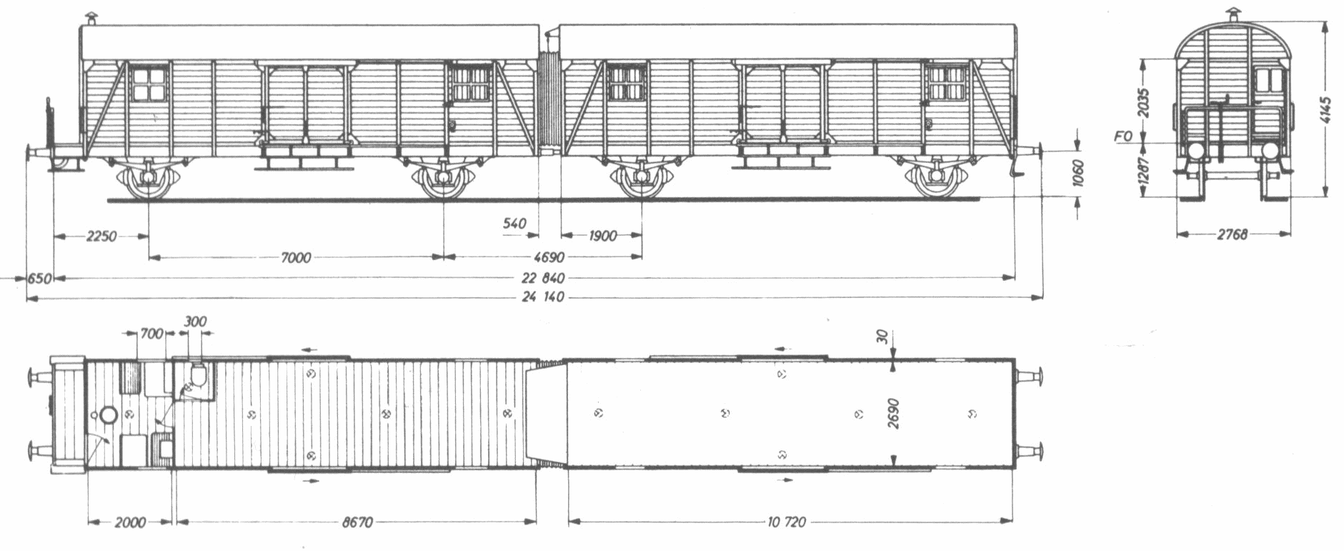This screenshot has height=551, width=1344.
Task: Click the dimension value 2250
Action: click(101, 237)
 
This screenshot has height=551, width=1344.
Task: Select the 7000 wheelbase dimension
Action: click(295, 257)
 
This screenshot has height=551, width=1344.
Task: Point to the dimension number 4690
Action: click(549, 257)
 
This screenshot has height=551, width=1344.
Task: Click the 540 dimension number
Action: click(514, 224)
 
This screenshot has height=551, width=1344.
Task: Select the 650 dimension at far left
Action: click(40, 278)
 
